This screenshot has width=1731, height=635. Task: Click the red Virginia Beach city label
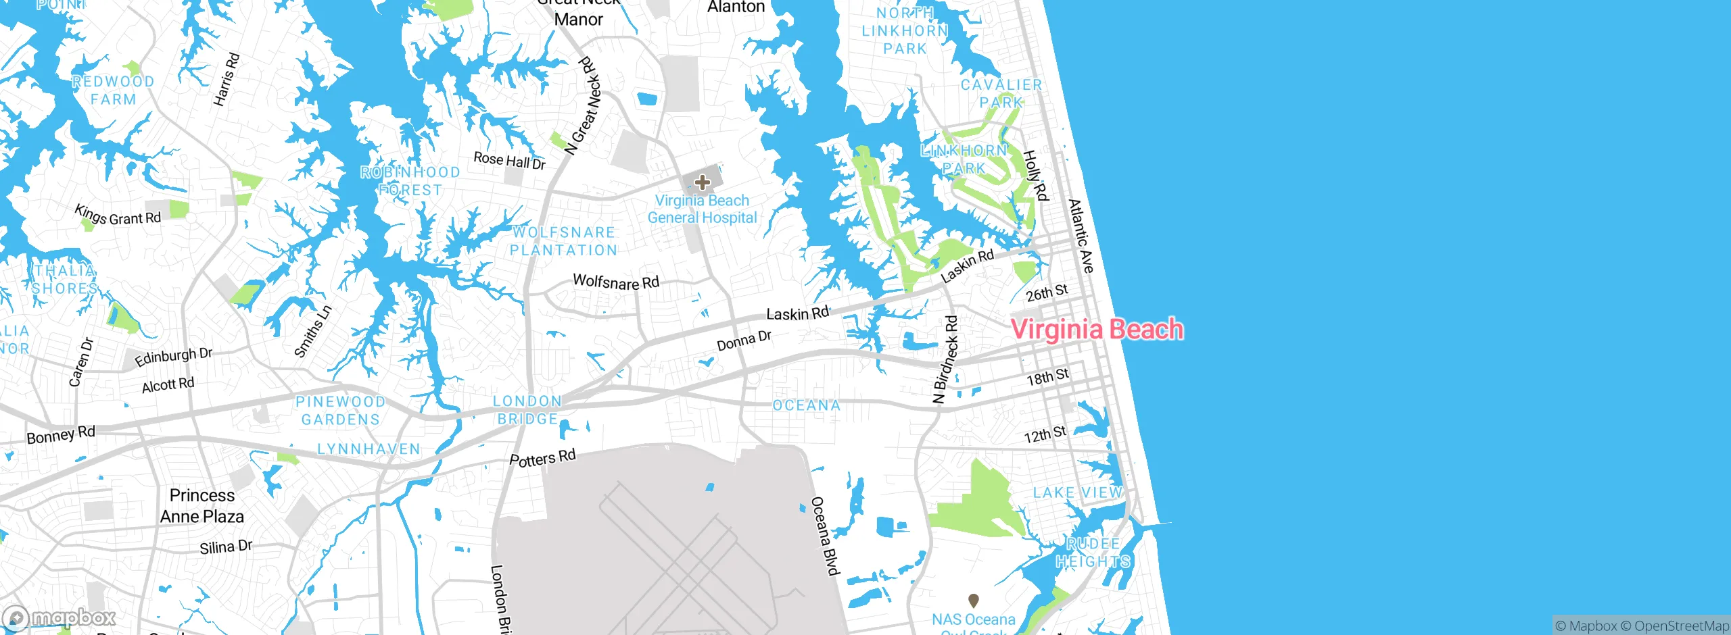click(x=1096, y=330)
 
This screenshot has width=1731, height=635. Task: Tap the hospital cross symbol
click(x=703, y=182)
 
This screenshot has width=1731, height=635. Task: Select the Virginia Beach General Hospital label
click(x=702, y=209)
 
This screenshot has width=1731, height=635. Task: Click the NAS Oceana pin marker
click(x=974, y=600)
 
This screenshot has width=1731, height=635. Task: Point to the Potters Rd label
click(x=542, y=458)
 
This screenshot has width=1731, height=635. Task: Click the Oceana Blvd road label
click(x=825, y=536)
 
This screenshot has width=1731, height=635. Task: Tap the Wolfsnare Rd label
click(x=615, y=282)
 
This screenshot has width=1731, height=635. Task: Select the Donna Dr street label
click(x=744, y=340)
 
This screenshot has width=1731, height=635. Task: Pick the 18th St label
click(x=1047, y=377)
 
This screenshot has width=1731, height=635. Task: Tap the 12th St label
click(x=1045, y=434)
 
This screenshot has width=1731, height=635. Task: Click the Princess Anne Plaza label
click(x=202, y=506)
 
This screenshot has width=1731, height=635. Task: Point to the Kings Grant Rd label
click(x=118, y=215)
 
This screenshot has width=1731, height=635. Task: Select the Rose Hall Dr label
click(x=509, y=160)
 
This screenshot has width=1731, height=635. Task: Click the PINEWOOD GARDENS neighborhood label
click(x=340, y=411)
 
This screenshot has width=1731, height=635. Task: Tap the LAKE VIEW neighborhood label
click(x=1077, y=492)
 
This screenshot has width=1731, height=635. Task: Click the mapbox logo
click(x=60, y=617)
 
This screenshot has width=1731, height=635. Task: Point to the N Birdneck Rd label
click(x=945, y=359)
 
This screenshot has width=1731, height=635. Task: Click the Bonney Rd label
click(x=61, y=434)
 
